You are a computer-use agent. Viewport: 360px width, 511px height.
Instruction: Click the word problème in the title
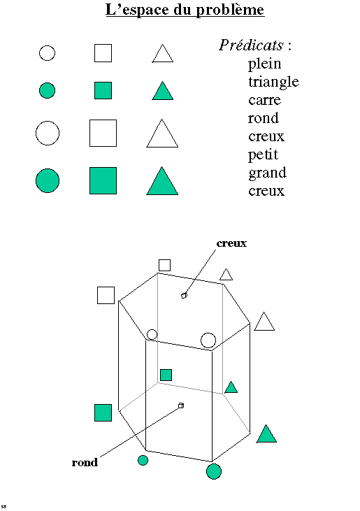pyautogui.click(x=230, y=10)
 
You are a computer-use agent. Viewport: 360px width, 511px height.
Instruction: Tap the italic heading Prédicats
pyautogui.click(x=251, y=45)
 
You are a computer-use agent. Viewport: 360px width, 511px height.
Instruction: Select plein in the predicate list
pyautogui.click(x=264, y=64)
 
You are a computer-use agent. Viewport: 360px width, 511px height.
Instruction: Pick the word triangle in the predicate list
pyautogui.click(x=273, y=82)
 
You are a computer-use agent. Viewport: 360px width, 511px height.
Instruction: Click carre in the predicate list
pyautogui.click(x=264, y=101)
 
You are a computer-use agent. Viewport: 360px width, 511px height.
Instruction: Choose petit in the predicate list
pyautogui.click(x=264, y=154)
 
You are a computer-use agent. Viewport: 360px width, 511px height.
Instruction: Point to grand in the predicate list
pyautogui.click(x=268, y=173)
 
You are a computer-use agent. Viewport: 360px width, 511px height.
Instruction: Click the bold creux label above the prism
pyautogui.click(x=231, y=243)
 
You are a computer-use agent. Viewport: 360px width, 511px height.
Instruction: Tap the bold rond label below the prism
pyautogui.click(x=85, y=462)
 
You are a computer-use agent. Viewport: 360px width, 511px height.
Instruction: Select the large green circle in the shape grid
pyautogui.click(x=48, y=180)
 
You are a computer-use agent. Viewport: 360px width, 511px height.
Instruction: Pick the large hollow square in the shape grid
pyautogui.click(x=103, y=133)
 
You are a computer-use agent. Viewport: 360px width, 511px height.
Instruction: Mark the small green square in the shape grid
pyautogui.click(x=103, y=90)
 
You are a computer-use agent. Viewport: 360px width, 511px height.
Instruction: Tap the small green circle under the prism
pyautogui.click(x=143, y=460)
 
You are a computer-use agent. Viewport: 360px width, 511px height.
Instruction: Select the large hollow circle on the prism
pyautogui.click(x=208, y=340)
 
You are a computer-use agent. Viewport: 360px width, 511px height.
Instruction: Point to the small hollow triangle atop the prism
pyautogui.click(x=226, y=275)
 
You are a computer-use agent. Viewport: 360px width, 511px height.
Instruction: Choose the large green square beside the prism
pyautogui.click(x=103, y=412)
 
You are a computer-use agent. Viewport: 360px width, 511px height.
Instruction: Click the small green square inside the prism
pyautogui.click(x=166, y=375)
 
